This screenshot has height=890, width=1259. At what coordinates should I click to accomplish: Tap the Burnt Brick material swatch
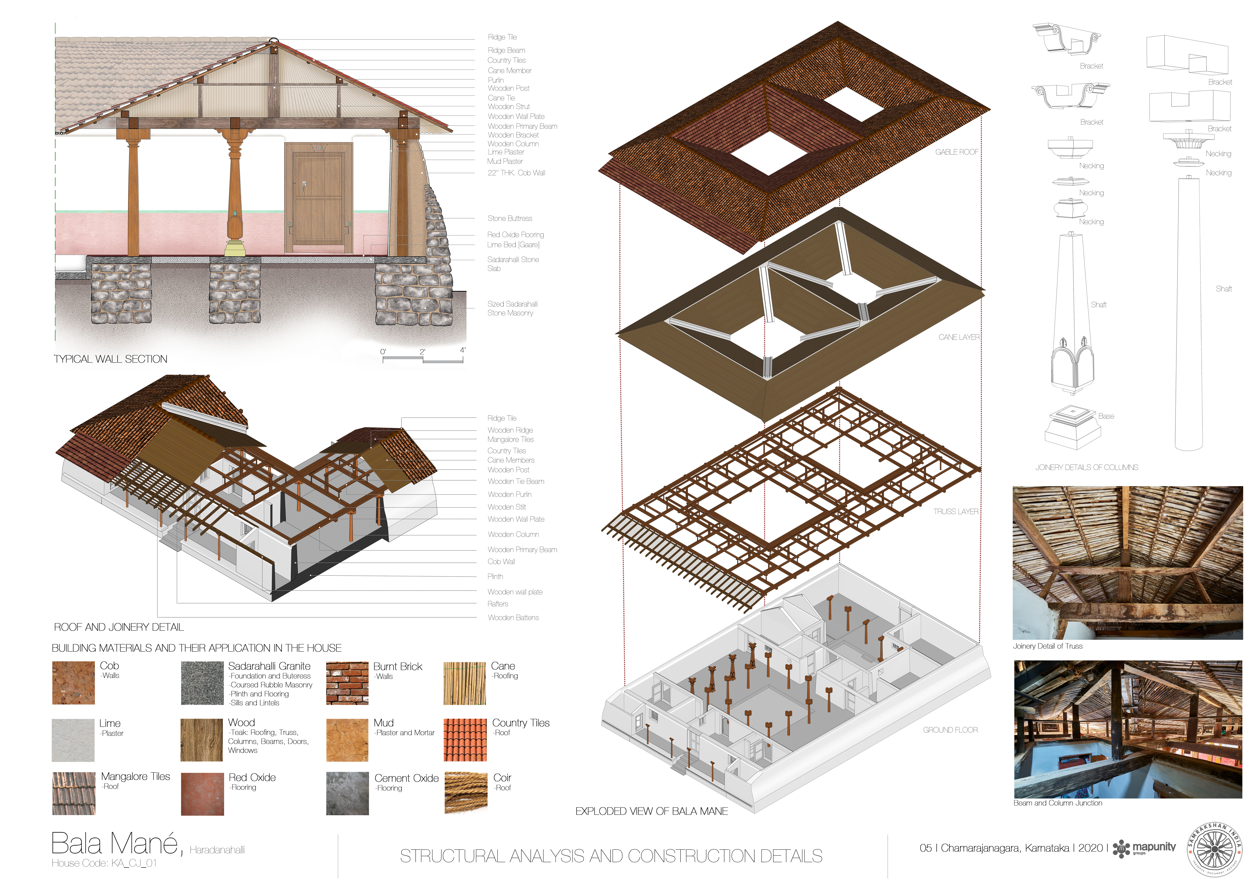point(347,683)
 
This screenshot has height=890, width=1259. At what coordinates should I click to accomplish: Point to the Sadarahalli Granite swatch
point(202,683)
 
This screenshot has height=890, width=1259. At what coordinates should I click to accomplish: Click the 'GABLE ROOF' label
point(957,152)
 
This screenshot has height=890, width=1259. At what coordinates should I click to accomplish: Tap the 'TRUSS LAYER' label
point(956,512)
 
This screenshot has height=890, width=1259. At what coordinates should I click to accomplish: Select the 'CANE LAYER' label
point(959,337)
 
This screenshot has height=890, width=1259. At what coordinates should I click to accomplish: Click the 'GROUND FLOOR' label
point(950,730)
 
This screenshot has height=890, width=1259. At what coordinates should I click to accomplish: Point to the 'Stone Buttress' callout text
point(510,218)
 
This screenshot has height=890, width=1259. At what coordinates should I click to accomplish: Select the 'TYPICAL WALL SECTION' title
point(111,359)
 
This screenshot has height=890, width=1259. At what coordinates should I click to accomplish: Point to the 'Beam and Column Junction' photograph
point(1128,729)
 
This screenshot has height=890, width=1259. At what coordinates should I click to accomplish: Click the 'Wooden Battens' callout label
point(513,617)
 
